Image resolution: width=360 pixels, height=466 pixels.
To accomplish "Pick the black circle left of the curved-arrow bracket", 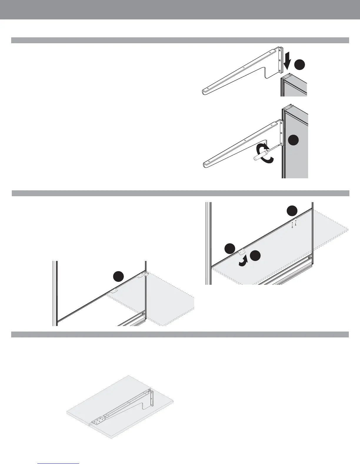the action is click(230, 249).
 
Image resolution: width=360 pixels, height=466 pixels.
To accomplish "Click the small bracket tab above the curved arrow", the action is click(242, 252).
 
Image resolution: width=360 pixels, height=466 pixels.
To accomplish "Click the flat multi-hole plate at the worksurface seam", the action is click(98, 421).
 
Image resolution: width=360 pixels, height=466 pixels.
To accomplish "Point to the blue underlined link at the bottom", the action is click(59, 463).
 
